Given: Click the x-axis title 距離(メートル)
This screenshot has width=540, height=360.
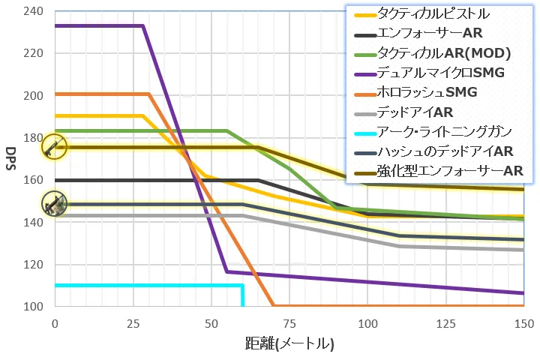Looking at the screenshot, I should (x=289, y=344).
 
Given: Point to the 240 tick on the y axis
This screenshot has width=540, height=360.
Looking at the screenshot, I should (x=34, y=11).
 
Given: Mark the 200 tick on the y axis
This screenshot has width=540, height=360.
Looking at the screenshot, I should (x=34, y=96).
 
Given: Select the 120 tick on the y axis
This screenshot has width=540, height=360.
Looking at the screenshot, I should (x=34, y=265).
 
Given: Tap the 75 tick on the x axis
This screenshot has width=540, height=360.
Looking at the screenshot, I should (x=289, y=323).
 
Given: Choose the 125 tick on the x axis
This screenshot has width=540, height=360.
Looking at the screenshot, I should (x=445, y=323).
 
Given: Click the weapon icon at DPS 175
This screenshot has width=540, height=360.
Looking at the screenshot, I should (x=54, y=147).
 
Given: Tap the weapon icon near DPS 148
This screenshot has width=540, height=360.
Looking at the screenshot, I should (x=54, y=203).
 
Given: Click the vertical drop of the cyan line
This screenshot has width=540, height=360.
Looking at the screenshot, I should (x=242, y=295).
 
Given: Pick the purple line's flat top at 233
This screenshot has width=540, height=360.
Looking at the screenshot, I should (x=97, y=25).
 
